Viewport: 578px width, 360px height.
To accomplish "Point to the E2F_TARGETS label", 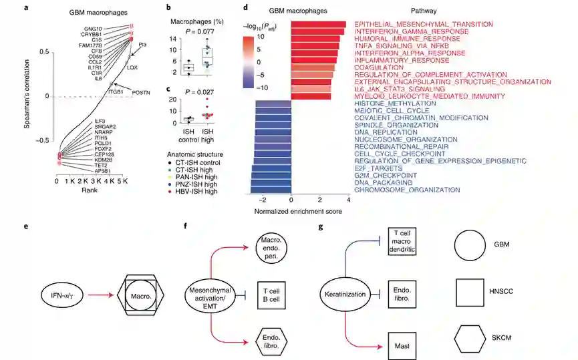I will click(x=375, y=168).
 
